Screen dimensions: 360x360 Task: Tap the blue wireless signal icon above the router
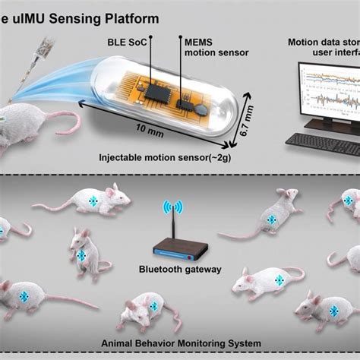click(x=175, y=207)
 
